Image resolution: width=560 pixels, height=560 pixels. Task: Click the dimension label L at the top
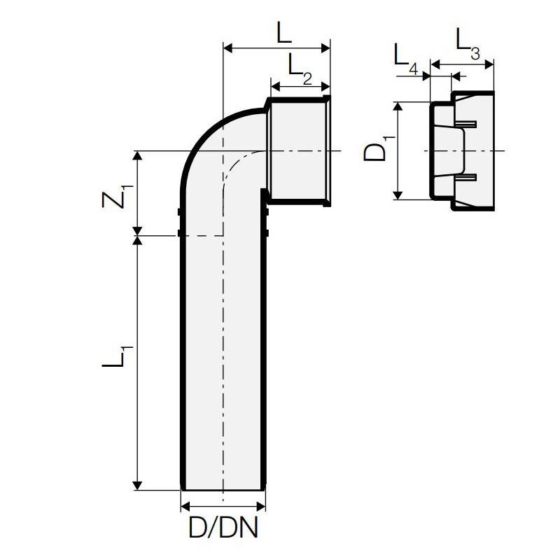283,33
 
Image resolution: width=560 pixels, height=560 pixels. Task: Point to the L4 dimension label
405,57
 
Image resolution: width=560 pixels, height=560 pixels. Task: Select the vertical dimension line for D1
398,150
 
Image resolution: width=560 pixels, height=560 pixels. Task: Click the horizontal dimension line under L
276,48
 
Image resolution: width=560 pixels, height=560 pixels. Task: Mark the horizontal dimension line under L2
300,86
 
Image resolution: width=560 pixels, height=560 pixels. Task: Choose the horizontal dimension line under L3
462,65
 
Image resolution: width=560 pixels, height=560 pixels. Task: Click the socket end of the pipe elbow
299,150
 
